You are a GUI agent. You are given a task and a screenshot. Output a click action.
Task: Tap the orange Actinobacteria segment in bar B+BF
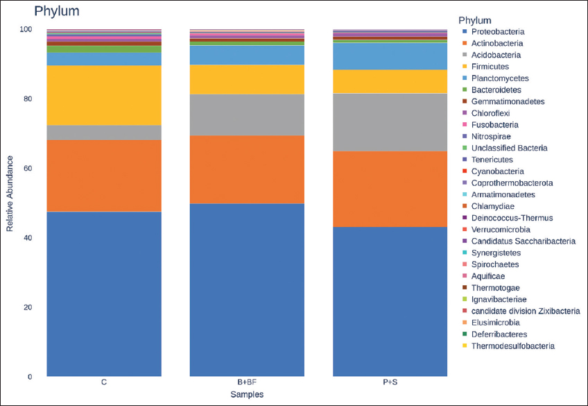pyautogui.click(x=248, y=169)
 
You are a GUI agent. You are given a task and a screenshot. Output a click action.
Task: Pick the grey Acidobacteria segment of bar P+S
pyautogui.click(x=390, y=121)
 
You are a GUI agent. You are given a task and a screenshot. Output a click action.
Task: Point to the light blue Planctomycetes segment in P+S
pyautogui.click(x=390, y=56)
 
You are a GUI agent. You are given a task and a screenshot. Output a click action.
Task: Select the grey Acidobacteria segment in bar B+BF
pyautogui.click(x=248, y=115)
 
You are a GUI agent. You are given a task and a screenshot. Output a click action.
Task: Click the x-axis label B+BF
pyautogui.click(x=248, y=382)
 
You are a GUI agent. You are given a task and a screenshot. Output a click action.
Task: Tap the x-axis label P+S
pyautogui.click(x=390, y=382)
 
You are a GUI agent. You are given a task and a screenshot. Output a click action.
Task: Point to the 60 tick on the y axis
pyautogui.click(x=27, y=169)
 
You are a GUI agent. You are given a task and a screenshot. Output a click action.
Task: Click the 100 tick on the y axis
pyautogui.click(x=26, y=29)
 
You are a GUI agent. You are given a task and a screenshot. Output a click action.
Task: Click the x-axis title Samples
pyautogui.click(x=248, y=394)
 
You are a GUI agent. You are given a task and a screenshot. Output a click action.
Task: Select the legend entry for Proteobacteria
pyautogui.click(x=497, y=32)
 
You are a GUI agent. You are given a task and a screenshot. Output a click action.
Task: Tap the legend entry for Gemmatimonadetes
pyautogui.click(x=505, y=101)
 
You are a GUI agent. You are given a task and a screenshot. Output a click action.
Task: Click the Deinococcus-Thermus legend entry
pyautogui.click(x=512, y=218)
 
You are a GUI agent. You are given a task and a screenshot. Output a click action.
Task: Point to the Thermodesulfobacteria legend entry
pyautogui.click(x=512, y=346)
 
